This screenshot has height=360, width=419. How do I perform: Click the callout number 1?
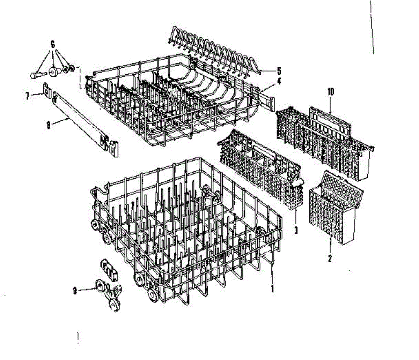tap(272, 289)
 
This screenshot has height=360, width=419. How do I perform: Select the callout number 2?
tap(330, 258)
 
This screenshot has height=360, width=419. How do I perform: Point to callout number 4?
tap(279, 82)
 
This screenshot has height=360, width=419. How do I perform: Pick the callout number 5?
tap(279, 71)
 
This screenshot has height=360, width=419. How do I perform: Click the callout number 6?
tap(53, 45)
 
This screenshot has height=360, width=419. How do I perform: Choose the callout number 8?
tap(49, 125)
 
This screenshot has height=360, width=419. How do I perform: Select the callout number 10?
tap(331, 92)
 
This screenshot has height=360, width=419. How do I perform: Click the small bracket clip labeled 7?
tap(47, 89)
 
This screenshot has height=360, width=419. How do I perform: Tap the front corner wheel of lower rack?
tap(153, 296)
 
